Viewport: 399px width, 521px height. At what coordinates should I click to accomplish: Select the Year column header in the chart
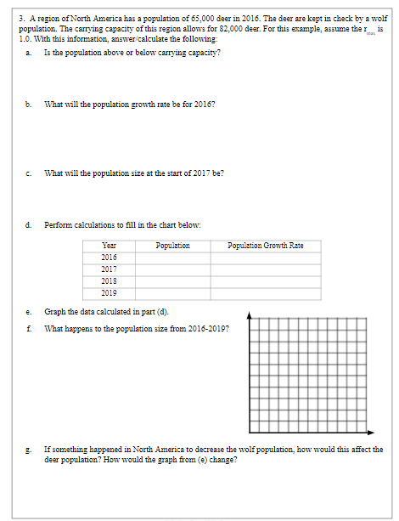tap(109, 246)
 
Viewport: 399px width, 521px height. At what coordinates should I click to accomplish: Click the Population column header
tap(173, 246)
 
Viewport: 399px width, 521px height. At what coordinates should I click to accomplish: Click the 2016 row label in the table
tap(109, 257)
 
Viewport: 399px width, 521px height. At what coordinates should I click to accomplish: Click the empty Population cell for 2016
tap(173, 257)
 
